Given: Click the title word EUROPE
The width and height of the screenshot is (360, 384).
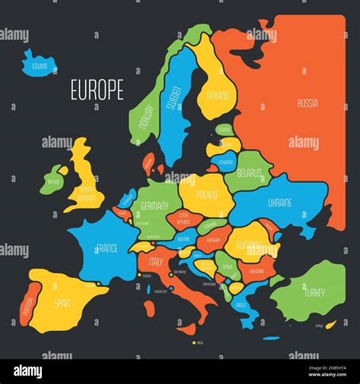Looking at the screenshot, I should click(96, 90).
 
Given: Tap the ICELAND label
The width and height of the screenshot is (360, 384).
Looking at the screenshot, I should click(39, 66).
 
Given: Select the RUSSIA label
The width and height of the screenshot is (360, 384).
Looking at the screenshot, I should click(308, 102).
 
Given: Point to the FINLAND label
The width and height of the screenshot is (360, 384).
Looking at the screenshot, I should click(217, 96).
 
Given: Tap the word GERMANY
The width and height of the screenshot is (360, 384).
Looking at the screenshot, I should click(154, 205).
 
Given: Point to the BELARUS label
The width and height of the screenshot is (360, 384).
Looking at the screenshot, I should click(248, 172).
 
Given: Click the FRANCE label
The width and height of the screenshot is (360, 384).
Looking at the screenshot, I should click(106, 247).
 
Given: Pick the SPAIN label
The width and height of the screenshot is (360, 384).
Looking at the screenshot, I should click(63, 304).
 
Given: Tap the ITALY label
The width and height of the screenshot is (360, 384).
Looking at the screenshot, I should click(156, 261).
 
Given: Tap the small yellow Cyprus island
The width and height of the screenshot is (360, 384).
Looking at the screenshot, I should click(330, 324).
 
